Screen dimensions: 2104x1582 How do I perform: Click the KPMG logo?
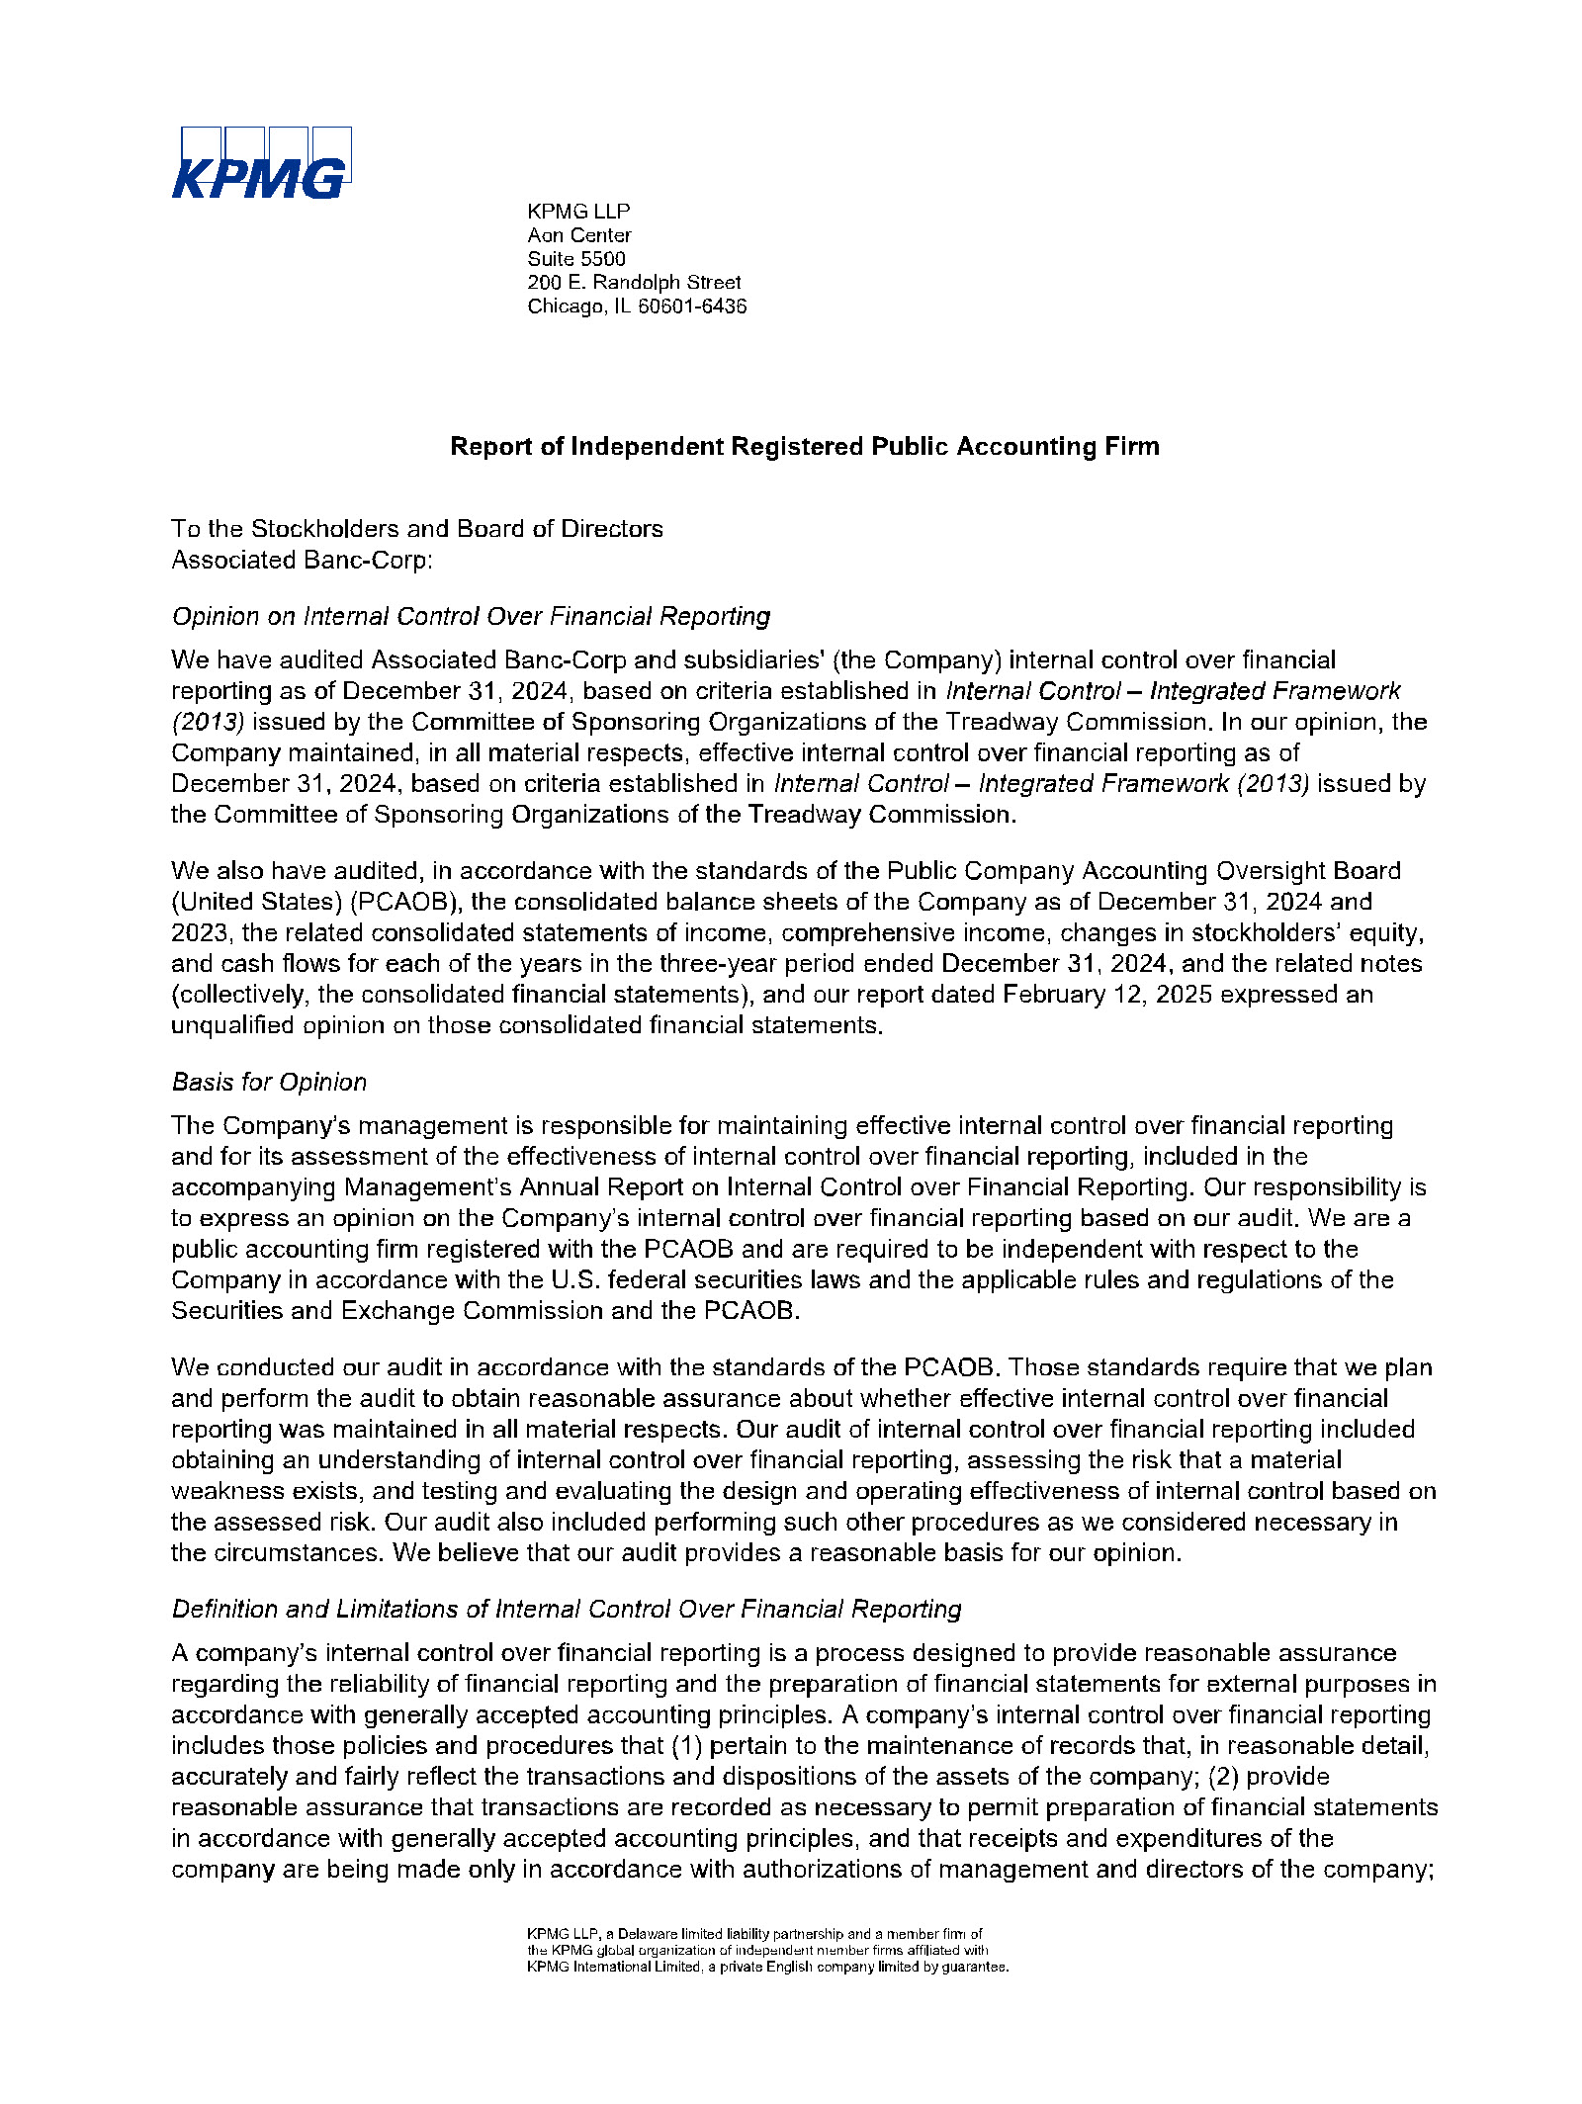[261, 163]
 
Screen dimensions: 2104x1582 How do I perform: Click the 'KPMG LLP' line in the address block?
[578, 212]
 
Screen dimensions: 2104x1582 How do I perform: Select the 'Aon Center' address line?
[579, 235]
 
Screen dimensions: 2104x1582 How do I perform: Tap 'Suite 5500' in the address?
[576, 259]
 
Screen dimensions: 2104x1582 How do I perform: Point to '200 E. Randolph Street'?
[634, 283]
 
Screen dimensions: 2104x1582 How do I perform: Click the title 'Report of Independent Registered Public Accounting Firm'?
[804, 447]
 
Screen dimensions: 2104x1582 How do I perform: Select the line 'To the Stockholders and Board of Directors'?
[416, 529]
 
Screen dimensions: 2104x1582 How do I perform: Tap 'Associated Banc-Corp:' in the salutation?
[302, 561]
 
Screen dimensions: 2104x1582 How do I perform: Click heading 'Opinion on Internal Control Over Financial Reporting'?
[471, 617]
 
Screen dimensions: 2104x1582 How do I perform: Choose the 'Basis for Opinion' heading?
[269, 1083]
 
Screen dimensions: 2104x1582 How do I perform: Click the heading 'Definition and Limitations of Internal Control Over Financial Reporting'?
[566, 1610]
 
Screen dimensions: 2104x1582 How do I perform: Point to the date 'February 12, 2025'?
[1107, 995]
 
